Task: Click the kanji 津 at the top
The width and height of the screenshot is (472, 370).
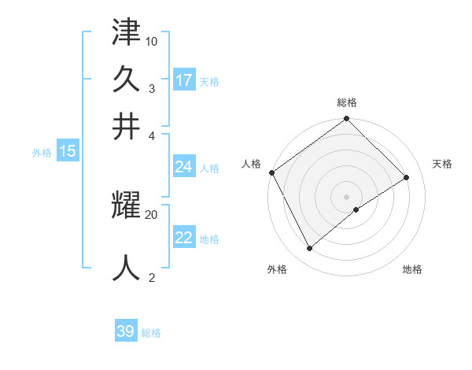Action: tap(126, 33)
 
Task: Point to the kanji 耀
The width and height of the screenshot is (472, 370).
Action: tap(126, 206)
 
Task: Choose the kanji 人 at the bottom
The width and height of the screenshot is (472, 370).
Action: tap(126, 268)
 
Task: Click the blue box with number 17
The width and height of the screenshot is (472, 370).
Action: tap(184, 80)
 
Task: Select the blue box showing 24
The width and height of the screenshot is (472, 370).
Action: tap(184, 167)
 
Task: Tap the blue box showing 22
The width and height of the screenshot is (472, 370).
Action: tap(184, 238)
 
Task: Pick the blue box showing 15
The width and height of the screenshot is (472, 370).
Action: tap(68, 151)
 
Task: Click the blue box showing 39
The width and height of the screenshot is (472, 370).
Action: tap(126, 331)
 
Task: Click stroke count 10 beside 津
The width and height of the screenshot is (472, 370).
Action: tap(152, 41)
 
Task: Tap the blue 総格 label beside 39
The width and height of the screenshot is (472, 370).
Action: tap(151, 333)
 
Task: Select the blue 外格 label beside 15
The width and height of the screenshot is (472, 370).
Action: tap(42, 153)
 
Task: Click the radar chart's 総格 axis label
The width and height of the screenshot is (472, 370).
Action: tap(347, 102)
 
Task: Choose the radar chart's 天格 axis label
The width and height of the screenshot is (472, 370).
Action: tap(442, 164)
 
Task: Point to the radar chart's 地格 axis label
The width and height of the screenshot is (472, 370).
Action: tap(412, 269)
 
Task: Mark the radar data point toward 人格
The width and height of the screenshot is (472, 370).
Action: tap(271, 172)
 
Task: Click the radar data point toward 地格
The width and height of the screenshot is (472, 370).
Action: tap(356, 209)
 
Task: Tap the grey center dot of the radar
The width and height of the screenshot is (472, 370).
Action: tap(347, 196)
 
